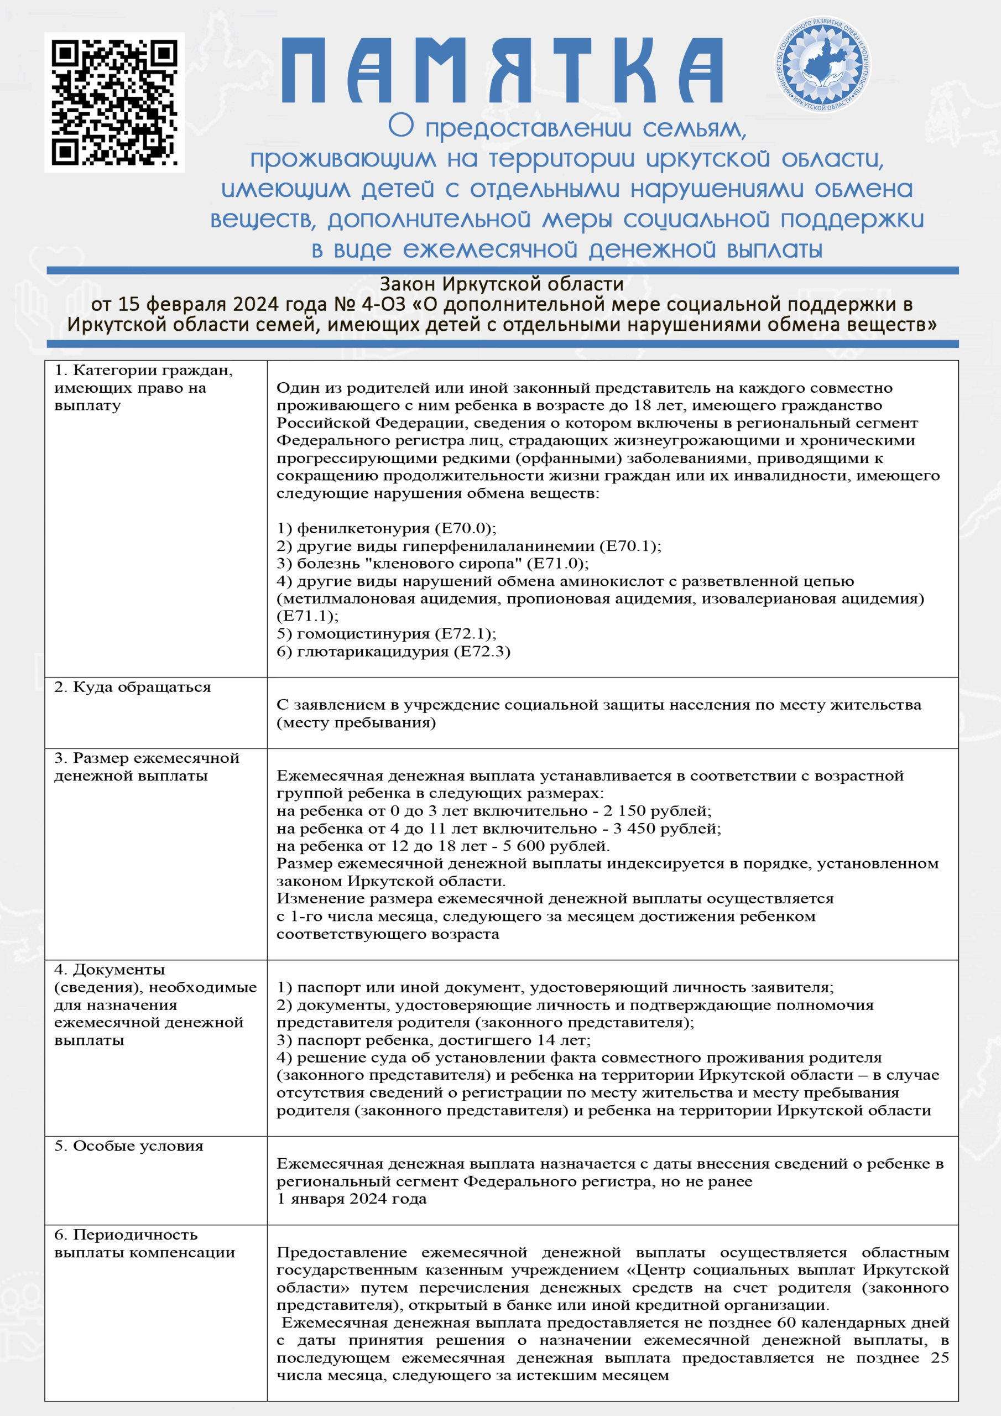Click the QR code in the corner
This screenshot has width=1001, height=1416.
click(114, 102)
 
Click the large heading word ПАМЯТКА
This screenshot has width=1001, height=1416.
click(502, 70)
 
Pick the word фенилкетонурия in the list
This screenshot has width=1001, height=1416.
click(363, 529)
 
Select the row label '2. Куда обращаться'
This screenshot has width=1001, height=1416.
click(133, 687)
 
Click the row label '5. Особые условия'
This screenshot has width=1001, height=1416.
click(129, 1146)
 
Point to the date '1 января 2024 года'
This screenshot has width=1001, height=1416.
click(352, 1199)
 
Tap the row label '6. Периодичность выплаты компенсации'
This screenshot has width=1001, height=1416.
click(144, 1243)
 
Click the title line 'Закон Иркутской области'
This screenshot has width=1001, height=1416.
click(502, 284)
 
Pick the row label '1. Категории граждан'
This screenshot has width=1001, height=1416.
click(143, 370)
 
